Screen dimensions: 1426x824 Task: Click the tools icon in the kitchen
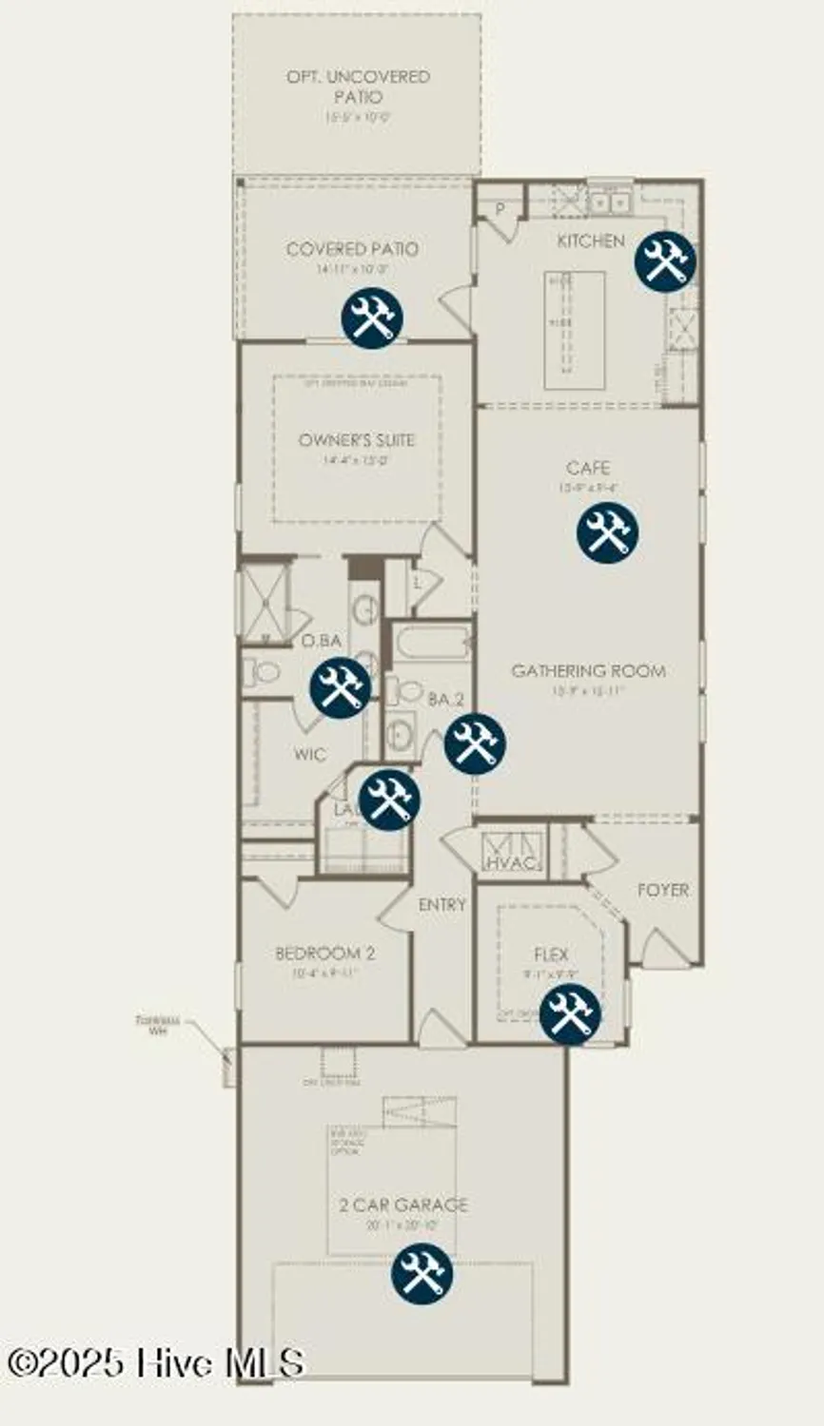coord(665,260)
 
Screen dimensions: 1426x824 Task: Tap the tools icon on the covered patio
coord(372,318)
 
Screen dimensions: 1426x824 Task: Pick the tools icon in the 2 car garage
coord(422,1274)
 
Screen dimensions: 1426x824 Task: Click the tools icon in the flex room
coord(570,1012)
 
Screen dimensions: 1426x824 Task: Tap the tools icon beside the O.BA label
coord(341,686)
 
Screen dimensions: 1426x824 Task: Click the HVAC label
coord(513,863)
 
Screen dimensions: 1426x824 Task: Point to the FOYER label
coord(663,890)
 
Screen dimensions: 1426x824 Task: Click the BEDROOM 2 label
coord(324,953)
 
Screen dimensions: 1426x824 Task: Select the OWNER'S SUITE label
coord(357,440)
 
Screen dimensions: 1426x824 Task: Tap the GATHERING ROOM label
coord(588,670)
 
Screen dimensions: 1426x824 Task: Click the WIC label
coord(309,754)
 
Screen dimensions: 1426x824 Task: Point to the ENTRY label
coord(442,904)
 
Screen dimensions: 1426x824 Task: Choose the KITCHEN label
coord(591,241)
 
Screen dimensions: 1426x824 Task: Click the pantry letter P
coord(499,206)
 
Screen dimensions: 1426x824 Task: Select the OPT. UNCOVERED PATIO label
coord(358,86)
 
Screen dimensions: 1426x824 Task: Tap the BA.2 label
coord(445,700)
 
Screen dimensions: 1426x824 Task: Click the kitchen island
coord(575,328)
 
